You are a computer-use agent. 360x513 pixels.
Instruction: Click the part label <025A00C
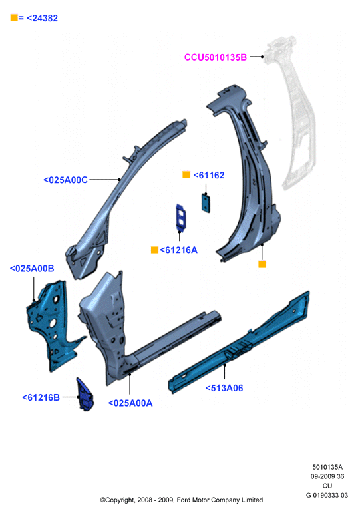65,180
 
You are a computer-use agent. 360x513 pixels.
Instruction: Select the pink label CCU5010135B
216,57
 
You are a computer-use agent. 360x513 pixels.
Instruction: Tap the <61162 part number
209,176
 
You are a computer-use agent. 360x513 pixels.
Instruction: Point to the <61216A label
179,250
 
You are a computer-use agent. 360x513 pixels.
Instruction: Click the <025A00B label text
32,269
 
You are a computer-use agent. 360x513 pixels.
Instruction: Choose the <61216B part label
41,397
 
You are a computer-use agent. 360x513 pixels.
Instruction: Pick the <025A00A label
130,403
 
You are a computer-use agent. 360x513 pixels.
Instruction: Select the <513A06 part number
224,388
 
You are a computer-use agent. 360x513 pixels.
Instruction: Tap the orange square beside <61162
186,175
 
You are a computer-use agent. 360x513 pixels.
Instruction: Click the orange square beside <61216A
154,250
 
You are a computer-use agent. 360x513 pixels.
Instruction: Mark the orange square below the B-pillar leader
262,264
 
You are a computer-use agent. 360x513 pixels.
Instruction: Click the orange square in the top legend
14,18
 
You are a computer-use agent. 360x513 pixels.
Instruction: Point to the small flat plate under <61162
206,203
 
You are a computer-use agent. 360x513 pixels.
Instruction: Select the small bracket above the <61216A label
180,218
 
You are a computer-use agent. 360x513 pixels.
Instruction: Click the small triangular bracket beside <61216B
85,395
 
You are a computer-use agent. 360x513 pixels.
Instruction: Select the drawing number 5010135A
327,467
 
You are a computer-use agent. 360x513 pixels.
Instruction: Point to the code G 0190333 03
327,495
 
